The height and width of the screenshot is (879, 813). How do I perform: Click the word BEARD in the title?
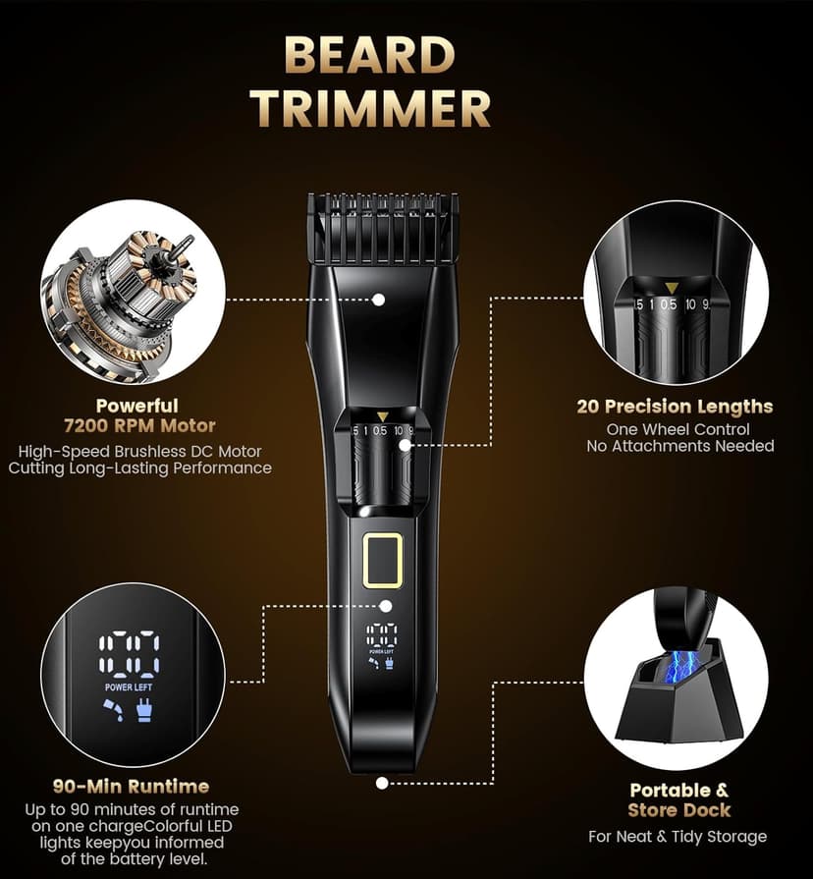[370, 56]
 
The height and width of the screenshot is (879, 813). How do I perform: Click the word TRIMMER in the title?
[370, 108]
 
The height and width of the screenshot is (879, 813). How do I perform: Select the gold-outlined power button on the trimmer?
[382, 560]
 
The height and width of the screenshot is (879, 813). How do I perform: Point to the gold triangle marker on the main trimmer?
[382, 416]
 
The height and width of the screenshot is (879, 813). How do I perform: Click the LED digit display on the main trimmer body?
[382, 634]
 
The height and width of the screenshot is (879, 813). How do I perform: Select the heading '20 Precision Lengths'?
[675, 407]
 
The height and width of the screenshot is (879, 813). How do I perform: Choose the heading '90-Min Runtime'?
[131, 786]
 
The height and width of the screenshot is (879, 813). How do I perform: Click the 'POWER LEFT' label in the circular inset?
[129, 687]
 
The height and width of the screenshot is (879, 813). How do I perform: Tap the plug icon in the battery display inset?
[145, 713]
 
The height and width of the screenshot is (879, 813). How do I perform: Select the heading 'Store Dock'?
[679, 810]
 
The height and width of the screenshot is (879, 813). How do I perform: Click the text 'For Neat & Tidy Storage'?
[677, 837]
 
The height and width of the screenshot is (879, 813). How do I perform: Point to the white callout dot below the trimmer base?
[381, 783]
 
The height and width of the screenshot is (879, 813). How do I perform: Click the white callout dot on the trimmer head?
[378, 299]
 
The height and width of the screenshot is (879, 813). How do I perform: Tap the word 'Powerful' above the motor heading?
[136, 406]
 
